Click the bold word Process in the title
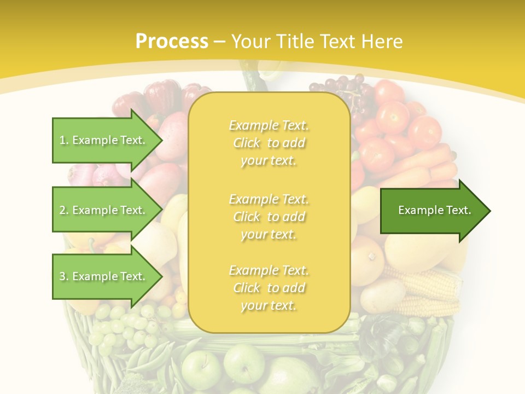click(x=172, y=41)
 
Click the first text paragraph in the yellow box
click(x=269, y=143)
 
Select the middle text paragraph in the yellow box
click(x=269, y=217)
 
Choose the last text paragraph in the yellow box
click(x=269, y=288)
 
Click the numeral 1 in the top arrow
click(x=62, y=140)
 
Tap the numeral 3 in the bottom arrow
click(x=62, y=276)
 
